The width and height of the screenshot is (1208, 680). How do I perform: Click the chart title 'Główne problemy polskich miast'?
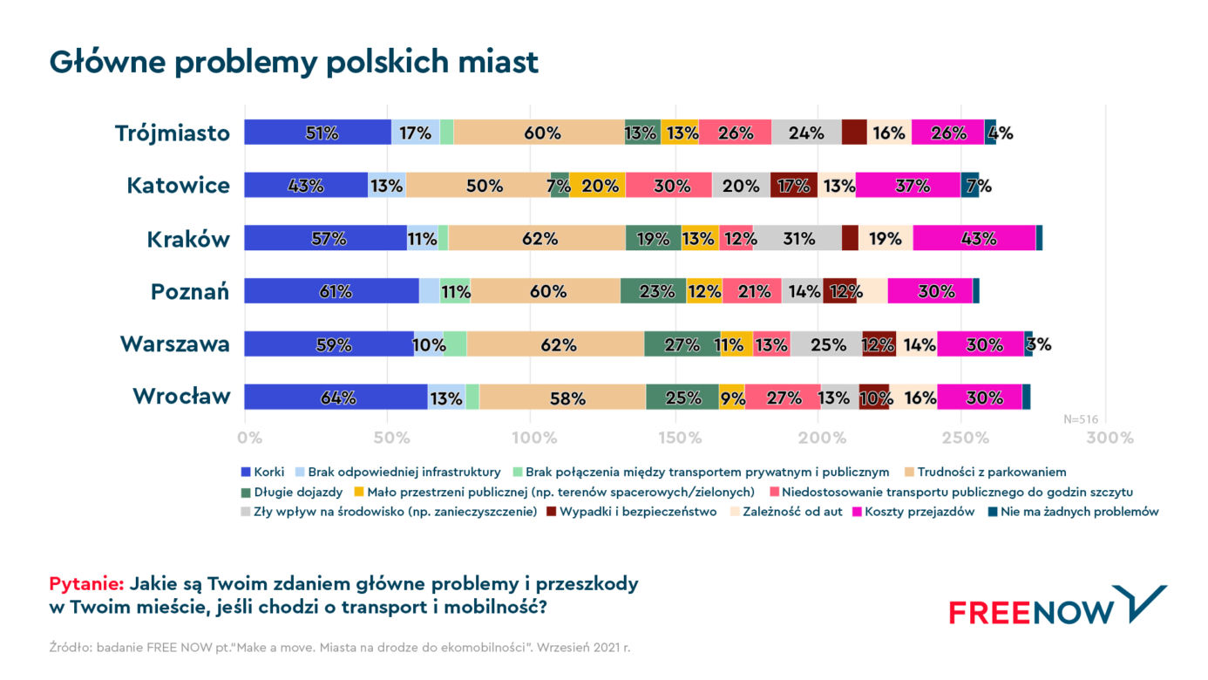294,62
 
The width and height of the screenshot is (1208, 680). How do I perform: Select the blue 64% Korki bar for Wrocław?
336,397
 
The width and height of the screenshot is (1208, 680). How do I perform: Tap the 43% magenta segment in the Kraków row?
974,238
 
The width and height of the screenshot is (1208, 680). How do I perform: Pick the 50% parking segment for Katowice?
478,185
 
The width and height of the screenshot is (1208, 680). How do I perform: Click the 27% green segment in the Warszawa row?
682,344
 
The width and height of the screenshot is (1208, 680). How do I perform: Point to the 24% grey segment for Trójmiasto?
806,133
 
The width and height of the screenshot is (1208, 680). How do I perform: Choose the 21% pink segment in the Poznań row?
752,291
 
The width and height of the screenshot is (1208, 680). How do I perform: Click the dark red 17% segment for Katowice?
794,185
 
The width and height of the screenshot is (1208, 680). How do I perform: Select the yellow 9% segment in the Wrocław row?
732,397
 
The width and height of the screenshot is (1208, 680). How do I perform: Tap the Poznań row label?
190,292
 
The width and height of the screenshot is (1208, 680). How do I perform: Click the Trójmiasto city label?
173,133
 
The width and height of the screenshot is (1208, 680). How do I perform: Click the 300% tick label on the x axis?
1110,438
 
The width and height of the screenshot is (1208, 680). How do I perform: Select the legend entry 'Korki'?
262,472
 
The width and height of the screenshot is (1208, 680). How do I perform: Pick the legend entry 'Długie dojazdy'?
292,492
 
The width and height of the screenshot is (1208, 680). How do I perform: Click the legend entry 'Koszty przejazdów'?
913,511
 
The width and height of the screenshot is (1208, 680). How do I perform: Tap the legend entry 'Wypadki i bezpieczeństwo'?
632,511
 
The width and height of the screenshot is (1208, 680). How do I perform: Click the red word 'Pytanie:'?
86,583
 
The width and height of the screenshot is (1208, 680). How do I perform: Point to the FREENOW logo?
1058,606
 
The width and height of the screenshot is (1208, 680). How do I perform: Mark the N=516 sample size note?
1080,419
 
